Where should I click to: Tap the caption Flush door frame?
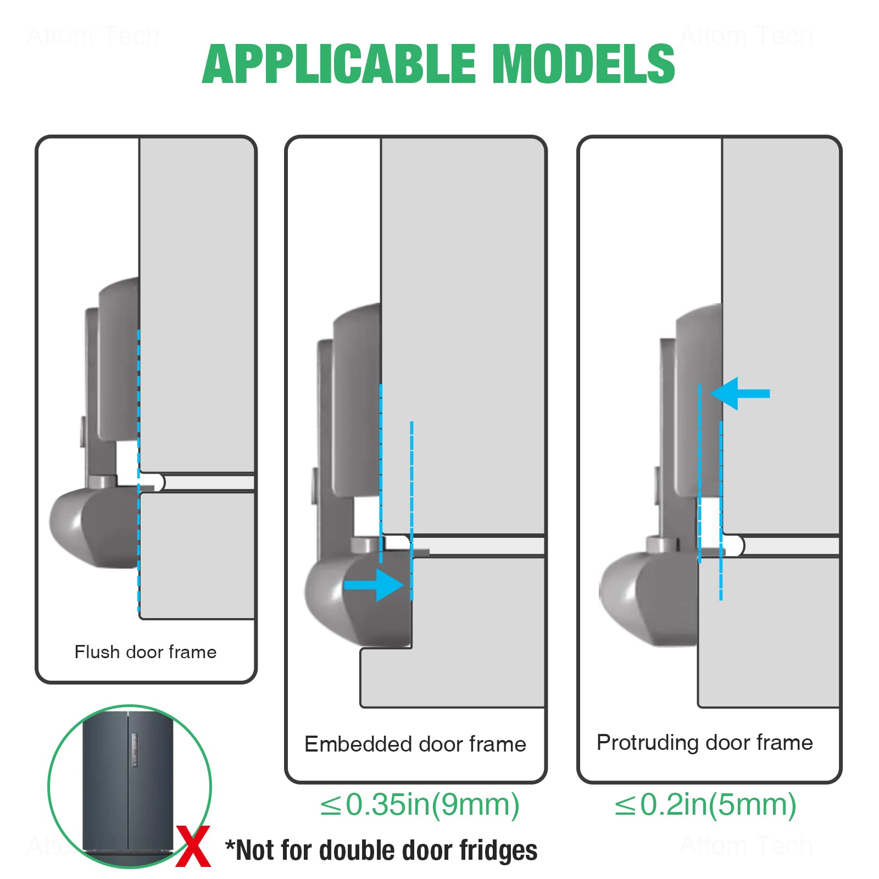click(x=146, y=652)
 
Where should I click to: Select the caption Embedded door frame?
click(x=415, y=744)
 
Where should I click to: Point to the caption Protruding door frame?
click(x=705, y=743)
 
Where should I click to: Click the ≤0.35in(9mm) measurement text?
click(x=420, y=805)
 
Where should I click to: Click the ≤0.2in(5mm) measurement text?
click(x=705, y=805)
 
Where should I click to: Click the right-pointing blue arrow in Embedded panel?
click(x=375, y=585)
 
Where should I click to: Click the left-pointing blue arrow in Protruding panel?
click(x=740, y=393)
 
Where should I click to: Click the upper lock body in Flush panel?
click(x=118, y=360)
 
